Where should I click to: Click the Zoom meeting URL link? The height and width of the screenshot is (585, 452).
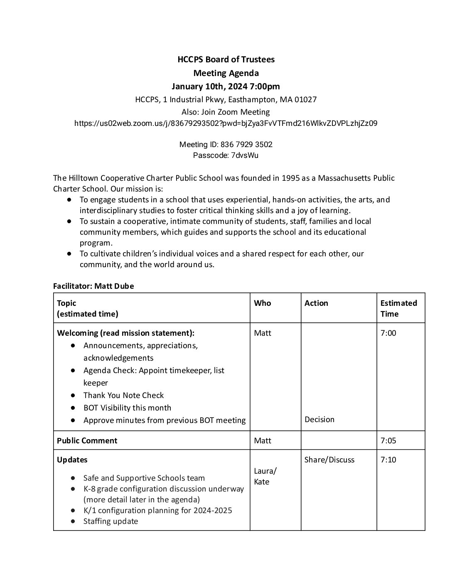pos(226,123)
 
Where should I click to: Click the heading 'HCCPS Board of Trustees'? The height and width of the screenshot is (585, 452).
pos(226,59)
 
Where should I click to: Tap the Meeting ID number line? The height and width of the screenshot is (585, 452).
pos(226,145)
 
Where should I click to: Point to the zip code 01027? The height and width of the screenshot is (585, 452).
pos(305,100)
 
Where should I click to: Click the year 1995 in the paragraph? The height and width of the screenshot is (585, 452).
pos(291,178)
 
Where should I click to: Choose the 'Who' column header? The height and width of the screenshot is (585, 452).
pos(262,303)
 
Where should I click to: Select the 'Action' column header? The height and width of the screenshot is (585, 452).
pos(316,303)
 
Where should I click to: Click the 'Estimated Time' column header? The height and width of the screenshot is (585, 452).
pos(398,308)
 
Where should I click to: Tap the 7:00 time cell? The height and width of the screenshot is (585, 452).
pos(388,333)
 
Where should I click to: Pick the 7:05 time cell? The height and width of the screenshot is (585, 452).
pos(388,441)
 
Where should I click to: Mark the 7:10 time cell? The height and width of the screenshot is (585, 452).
pos(388,460)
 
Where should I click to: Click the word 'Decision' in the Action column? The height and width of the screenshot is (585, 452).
pos(319,420)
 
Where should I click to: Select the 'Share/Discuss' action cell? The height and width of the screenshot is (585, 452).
pos(329,460)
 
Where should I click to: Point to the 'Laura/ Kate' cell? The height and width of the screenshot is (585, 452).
pos(265,477)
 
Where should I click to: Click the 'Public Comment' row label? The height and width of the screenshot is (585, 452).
pos(87,441)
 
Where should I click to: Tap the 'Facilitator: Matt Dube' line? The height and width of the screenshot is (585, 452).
pos(93,286)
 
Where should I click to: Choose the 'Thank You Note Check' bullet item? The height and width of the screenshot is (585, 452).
pos(123,396)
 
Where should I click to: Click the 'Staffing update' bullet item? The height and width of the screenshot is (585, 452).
pos(111,521)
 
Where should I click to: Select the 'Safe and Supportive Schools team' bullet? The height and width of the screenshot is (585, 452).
pos(144,478)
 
